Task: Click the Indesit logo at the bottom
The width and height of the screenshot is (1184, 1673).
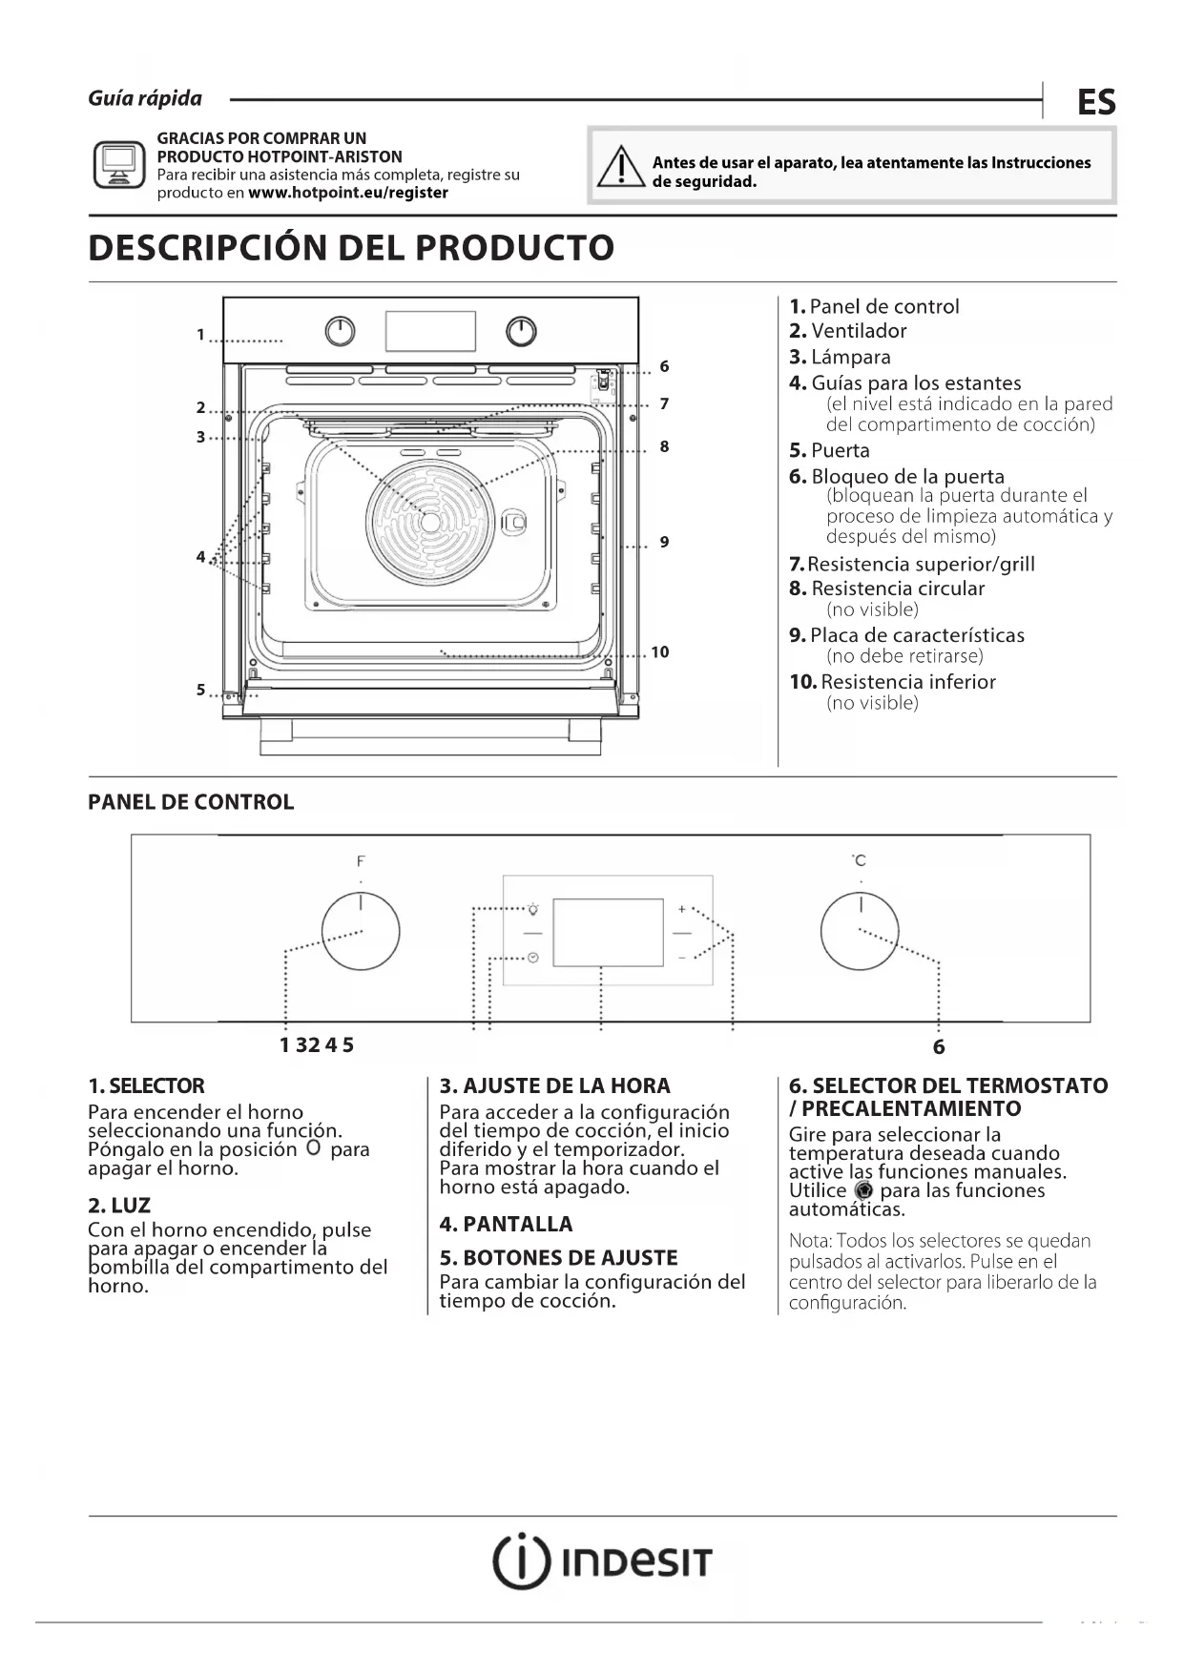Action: coord(602,1562)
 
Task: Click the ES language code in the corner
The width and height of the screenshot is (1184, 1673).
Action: coord(1096,102)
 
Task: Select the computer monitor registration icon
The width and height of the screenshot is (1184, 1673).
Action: coord(119,165)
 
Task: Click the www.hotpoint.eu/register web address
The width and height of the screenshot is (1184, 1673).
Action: coord(347,193)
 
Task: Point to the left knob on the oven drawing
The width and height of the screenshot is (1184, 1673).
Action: coord(341,331)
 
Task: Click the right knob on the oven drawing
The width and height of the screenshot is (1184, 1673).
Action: coord(521,331)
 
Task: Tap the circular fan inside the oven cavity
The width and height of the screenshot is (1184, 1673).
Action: coord(430,522)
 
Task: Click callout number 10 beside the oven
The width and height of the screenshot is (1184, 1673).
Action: coord(660,652)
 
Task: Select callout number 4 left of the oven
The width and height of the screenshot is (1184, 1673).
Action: coord(200,556)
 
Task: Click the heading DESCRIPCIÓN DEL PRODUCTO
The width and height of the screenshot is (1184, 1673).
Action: coord(351,248)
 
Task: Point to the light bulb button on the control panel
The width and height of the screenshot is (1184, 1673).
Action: coord(532,909)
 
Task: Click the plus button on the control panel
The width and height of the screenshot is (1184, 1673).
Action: coord(681,909)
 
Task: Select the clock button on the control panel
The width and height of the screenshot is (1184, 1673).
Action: coord(532,957)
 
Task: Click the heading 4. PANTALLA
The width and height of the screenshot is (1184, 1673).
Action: coord(506,1224)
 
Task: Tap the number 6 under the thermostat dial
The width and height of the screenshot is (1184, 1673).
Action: coord(939,1047)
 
